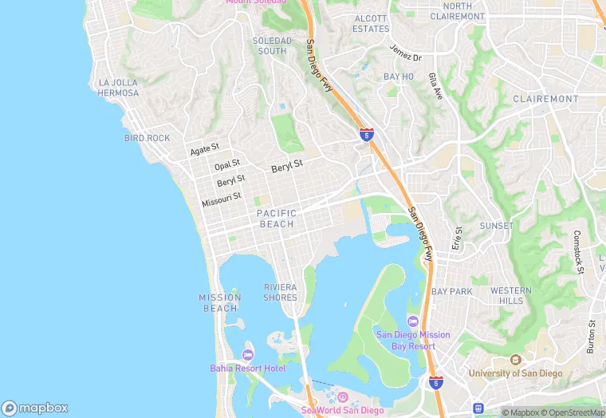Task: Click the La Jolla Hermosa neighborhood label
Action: tap(119, 88)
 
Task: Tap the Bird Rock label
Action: tap(148, 138)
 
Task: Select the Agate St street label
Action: tap(205, 150)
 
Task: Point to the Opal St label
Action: tap(227, 166)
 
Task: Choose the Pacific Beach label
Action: tap(277, 219)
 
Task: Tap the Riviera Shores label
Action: tap(280, 292)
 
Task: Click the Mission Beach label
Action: tap(219, 302)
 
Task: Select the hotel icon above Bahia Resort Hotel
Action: tap(248, 355)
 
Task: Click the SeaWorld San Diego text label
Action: tap(342, 410)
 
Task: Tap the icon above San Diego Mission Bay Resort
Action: tap(412, 321)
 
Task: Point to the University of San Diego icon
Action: tap(515, 361)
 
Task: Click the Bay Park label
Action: tap(451, 291)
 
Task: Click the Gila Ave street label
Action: tap(435, 85)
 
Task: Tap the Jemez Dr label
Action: tap(405, 53)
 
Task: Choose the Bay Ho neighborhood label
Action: tap(399, 77)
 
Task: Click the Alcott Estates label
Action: tap(371, 23)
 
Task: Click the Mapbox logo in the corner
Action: tap(35, 408)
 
